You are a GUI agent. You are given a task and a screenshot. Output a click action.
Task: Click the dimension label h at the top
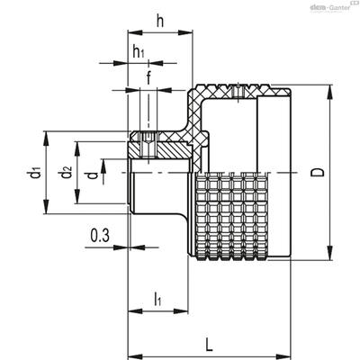[160, 22]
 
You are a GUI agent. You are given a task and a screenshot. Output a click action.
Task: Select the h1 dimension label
[139, 52]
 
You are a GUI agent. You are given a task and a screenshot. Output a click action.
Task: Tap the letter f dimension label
[148, 77]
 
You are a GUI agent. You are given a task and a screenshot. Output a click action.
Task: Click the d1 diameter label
[35, 173]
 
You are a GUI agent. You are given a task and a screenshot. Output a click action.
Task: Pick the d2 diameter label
[67, 172]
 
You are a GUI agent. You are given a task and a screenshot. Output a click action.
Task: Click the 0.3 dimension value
[100, 236]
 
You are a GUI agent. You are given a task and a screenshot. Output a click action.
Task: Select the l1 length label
[157, 300]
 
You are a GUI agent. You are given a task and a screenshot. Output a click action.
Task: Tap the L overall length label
[209, 344]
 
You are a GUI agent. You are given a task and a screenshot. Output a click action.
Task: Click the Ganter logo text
[339, 8]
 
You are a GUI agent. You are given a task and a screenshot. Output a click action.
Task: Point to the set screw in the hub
[148, 145]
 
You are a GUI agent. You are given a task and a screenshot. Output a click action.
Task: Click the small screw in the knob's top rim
[238, 91]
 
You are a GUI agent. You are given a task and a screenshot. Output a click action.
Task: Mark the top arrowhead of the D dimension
[329, 91]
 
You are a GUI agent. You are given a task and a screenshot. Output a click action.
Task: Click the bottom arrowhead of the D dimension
[329, 254]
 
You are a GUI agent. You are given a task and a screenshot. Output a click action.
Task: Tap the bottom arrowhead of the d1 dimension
[46, 207]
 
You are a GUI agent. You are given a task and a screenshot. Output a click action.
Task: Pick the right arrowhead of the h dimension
[185, 32]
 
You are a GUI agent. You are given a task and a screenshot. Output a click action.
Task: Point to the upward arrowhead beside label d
[103, 166]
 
